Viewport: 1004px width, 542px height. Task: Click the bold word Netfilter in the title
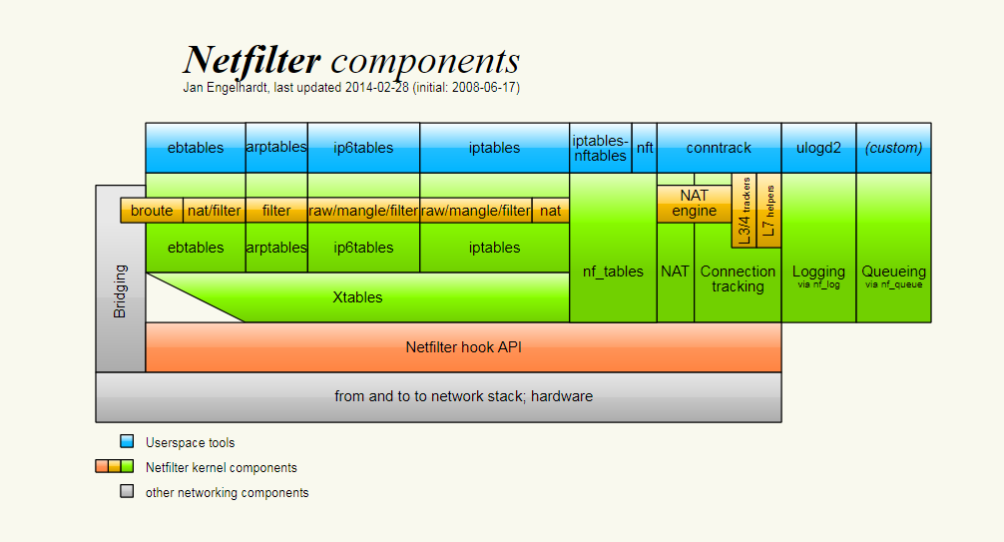pos(251,62)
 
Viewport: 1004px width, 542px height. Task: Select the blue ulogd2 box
pos(818,148)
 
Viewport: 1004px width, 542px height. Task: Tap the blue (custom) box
pos(893,148)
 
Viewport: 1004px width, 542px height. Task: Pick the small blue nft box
pos(645,148)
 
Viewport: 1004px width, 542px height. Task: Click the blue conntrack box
pos(719,148)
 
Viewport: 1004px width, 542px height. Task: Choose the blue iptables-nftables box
pos(601,148)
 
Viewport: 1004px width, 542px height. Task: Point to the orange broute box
pos(152,211)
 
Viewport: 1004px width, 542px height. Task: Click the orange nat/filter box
pos(214,211)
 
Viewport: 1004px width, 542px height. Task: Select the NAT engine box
pos(694,204)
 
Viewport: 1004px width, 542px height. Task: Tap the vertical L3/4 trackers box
pos(744,211)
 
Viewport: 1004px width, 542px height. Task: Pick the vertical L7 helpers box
pos(768,210)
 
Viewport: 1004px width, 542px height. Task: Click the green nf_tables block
pos(613,271)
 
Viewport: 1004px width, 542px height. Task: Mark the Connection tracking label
pos(738,278)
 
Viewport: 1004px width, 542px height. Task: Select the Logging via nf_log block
pos(818,275)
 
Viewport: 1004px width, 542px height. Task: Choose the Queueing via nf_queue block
pos(893,275)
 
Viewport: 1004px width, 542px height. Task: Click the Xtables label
pos(357,297)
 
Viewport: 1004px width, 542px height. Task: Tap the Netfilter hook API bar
pos(463,347)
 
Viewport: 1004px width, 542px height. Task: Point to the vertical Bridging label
pos(121,290)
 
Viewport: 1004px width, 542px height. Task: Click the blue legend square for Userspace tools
pos(127,442)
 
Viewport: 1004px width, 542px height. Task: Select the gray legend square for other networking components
pos(127,492)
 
